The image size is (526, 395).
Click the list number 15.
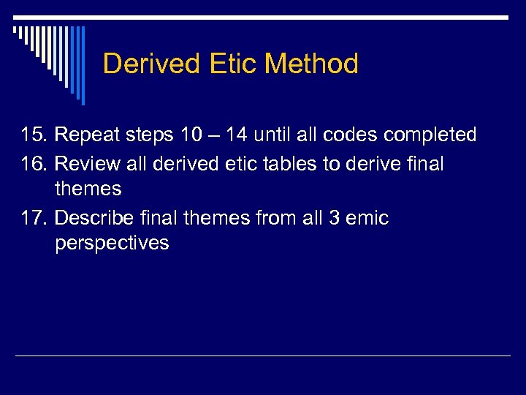pos(33,135)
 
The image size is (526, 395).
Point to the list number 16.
pos(33,164)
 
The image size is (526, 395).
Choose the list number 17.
pos(33,218)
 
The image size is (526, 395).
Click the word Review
pos(85,164)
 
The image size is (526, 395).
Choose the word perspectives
pos(112,244)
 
